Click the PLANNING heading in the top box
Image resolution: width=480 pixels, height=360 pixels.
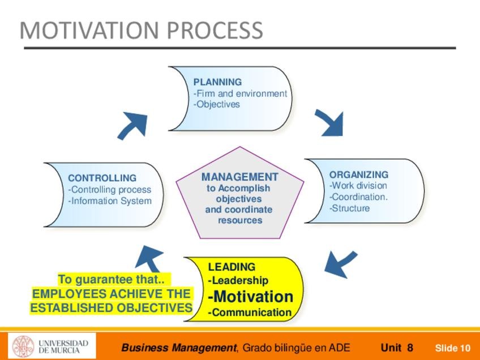(217, 82)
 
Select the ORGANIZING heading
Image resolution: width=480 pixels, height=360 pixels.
(359, 174)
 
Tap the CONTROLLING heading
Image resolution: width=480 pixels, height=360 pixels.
(102, 178)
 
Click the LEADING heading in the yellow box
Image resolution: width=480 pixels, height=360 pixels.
(232, 267)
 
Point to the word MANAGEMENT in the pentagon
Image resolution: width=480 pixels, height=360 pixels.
(240, 177)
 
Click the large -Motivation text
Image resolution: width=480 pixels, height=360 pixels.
(251, 297)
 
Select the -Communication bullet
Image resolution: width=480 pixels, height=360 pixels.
(250, 312)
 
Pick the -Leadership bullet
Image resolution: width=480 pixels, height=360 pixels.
(238, 280)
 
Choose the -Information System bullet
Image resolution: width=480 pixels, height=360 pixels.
(110, 201)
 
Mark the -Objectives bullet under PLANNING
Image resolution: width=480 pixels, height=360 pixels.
(216, 104)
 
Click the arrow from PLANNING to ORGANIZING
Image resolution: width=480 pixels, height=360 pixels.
(330, 122)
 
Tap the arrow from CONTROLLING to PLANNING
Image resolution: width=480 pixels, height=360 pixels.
(133, 125)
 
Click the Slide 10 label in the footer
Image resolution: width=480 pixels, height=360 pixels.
(452, 348)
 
